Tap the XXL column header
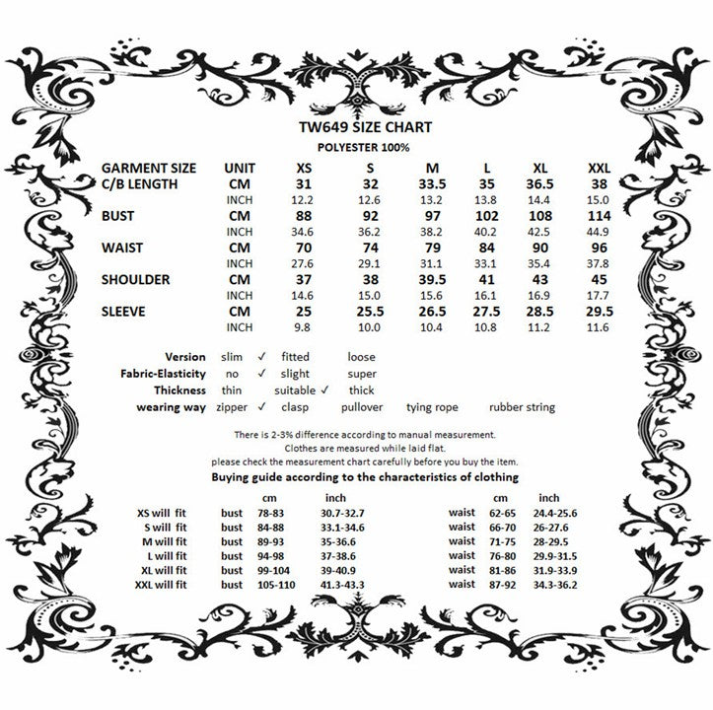(599, 168)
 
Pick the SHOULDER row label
(135, 279)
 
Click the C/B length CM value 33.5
(432, 182)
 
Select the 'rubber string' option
(522, 406)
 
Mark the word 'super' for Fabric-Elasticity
(361, 374)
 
